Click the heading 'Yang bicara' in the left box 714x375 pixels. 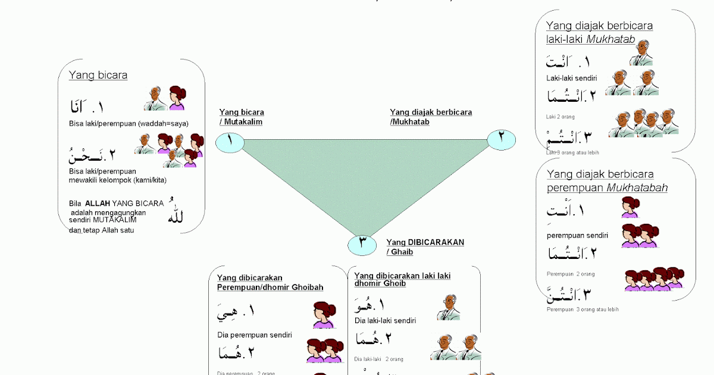(x=98, y=76)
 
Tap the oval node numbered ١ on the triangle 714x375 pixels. (x=230, y=142)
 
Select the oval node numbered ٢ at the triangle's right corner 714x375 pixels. (x=501, y=139)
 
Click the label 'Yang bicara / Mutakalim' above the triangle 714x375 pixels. (x=242, y=117)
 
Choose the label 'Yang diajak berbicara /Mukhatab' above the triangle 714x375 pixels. (x=431, y=117)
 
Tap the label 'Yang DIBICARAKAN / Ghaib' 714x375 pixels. (x=425, y=247)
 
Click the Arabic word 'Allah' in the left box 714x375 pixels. (x=176, y=215)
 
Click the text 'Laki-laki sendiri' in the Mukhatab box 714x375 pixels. (x=572, y=78)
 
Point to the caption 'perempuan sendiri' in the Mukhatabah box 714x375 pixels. (x=577, y=235)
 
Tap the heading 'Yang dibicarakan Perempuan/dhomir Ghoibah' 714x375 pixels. (x=270, y=283)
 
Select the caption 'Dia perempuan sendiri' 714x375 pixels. (x=254, y=335)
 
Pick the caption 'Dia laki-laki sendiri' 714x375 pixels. (x=385, y=321)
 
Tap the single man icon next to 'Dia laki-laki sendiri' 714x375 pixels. (x=447, y=308)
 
